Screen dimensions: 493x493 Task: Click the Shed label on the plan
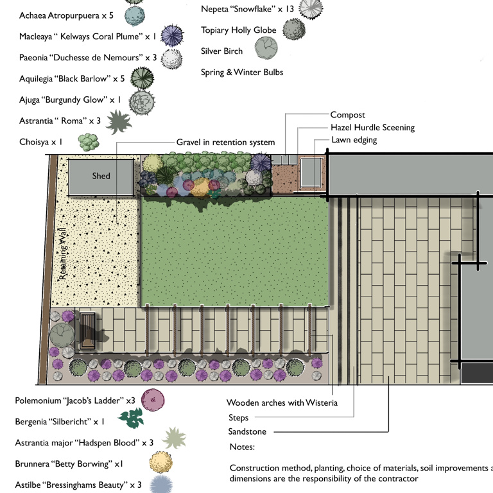[x=101, y=176]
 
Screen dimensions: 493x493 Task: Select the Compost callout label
[x=347, y=115]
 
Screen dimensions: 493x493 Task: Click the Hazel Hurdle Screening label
[x=372, y=128]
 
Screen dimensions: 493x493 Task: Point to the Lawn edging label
[x=354, y=140]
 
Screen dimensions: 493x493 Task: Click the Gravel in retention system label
[x=225, y=143]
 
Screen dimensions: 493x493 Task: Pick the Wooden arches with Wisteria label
[x=282, y=403]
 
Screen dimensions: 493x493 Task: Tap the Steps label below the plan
[x=238, y=418]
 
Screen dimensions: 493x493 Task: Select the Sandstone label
[x=247, y=432]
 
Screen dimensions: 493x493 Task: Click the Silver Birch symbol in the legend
[x=266, y=48]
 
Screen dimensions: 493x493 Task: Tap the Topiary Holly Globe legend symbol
[x=294, y=28]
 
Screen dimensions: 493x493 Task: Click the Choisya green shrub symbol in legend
[x=88, y=141]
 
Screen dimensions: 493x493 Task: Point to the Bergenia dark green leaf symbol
[x=131, y=419]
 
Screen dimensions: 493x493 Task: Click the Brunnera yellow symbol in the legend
[x=160, y=462]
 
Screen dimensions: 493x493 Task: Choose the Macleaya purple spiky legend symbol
[x=172, y=36]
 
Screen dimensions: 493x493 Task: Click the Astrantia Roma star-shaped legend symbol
[x=118, y=121]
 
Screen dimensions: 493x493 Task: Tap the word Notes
[x=242, y=447]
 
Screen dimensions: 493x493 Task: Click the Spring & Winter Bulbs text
[x=242, y=73]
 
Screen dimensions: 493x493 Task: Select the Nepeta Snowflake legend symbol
[x=311, y=8]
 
